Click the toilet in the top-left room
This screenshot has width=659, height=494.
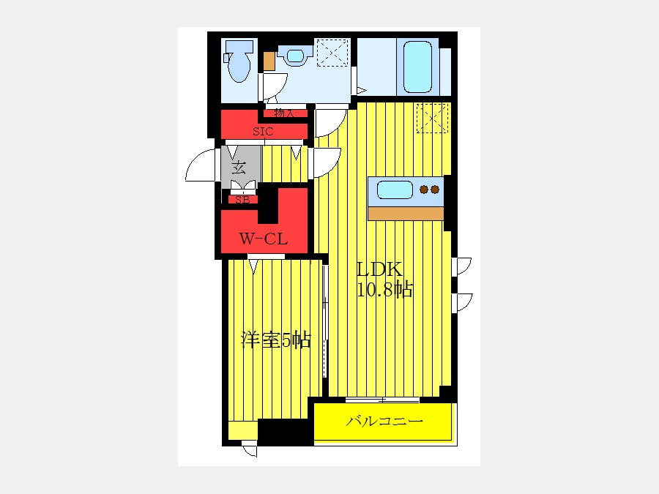[x=239, y=61]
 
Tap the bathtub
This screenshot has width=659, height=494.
[x=417, y=67]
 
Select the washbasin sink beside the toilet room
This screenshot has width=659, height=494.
[x=296, y=56]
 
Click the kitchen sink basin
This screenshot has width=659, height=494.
[x=395, y=190]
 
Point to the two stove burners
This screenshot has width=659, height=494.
[x=430, y=190]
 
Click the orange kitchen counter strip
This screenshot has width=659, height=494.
[x=406, y=214]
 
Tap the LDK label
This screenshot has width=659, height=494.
[x=379, y=269]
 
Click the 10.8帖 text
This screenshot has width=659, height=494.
[x=384, y=289]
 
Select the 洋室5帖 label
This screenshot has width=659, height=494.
[x=276, y=340]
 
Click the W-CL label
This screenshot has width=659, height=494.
[x=264, y=239]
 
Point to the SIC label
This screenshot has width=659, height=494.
[x=263, y=132]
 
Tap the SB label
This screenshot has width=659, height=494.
[x=242, y=200]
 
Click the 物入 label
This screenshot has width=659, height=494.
[x=284, y=113]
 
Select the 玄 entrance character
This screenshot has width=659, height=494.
[x=239, y=168]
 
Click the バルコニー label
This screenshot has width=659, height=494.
[x=384, y=421]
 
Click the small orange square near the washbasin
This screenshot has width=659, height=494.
[x=269, y=61]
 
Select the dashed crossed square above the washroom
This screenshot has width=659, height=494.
[x=332, y=53]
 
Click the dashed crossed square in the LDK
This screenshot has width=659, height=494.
[x=432, y=118]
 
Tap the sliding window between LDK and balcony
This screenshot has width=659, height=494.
[x=382, y=400]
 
